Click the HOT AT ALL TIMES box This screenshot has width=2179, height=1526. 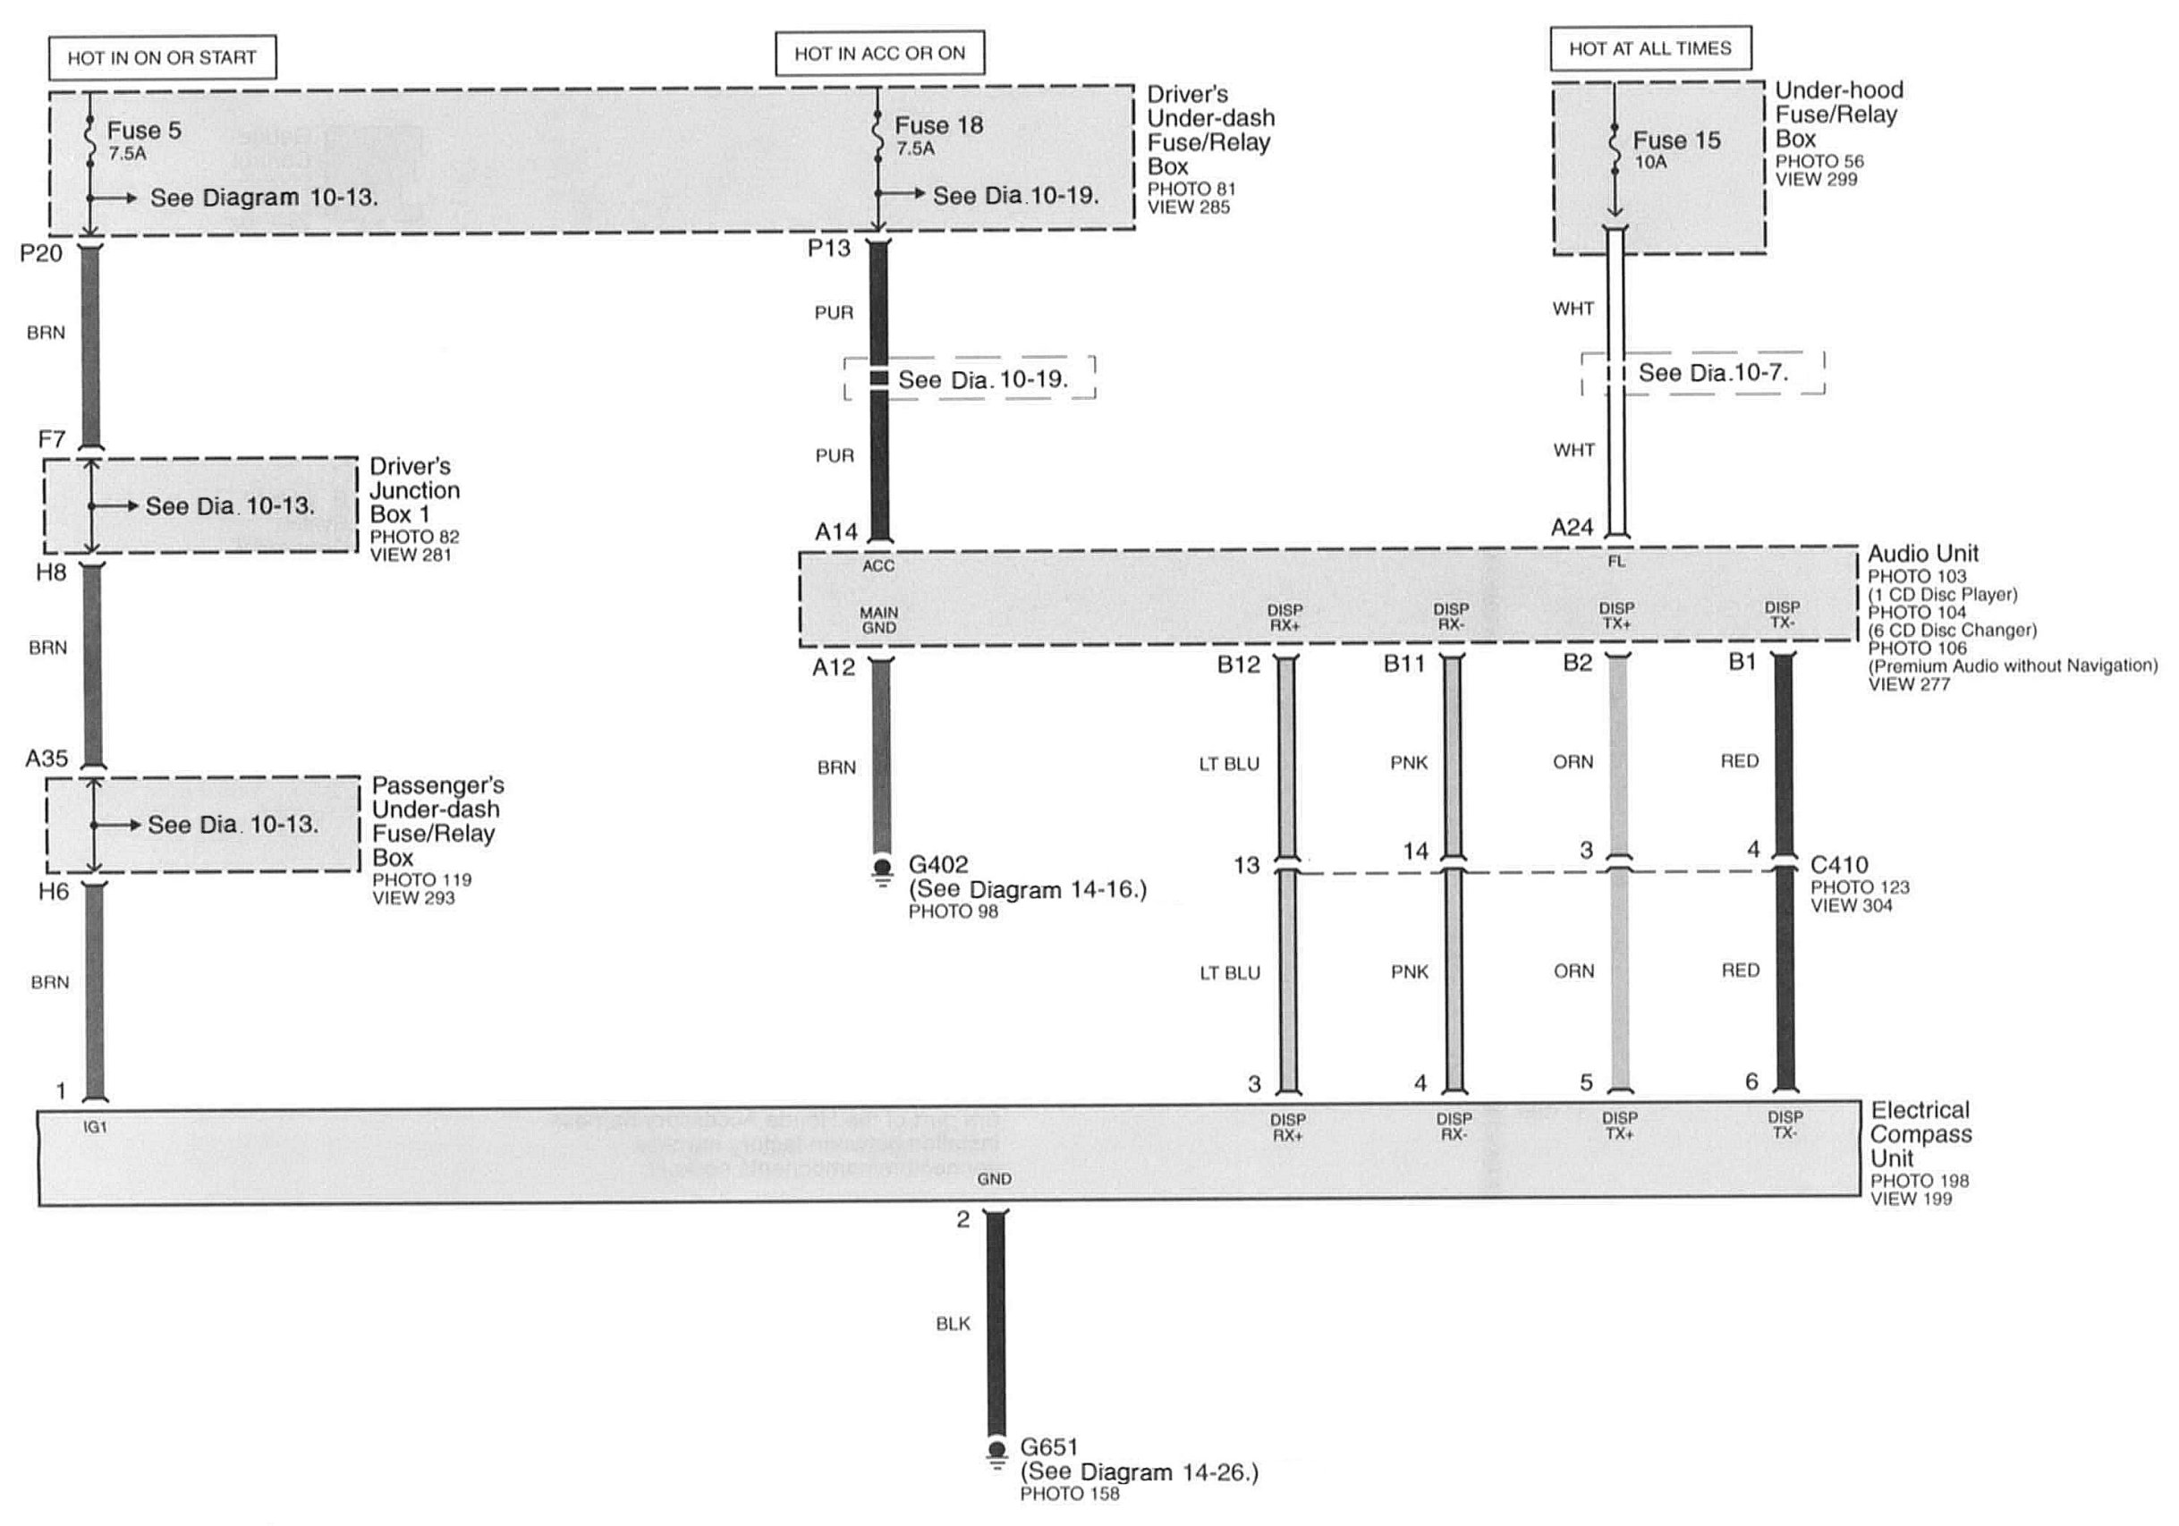tap(1650, 48)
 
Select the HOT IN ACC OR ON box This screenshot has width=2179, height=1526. tap(880, 53)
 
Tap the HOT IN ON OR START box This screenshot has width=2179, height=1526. tap(162, 58)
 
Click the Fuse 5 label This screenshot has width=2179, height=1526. tap(143, 130)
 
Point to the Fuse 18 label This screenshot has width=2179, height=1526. tap(938, 125)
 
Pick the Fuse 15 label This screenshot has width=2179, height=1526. tap(1676, 140)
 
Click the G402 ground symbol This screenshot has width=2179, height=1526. tap(883, 871)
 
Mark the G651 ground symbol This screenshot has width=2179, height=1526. tap(996, 1455)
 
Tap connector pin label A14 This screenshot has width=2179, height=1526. tap(835, 532)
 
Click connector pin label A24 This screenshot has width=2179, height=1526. tap(1572, 528)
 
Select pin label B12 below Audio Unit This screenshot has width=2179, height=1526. tap(1239, 666)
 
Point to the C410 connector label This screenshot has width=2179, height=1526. tap(1839, 865)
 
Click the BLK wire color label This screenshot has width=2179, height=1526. tap(953, 1324)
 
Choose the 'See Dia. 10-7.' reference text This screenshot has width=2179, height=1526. tap(1713, 373)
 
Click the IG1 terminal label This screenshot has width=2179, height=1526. tap(95, 1127)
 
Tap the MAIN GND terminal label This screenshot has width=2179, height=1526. tap(878, 621)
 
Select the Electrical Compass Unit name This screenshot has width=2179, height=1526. tap(1920, 1134)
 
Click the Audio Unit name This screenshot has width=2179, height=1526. tap(1924, 554)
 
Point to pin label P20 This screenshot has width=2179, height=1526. tap(41, 252)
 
